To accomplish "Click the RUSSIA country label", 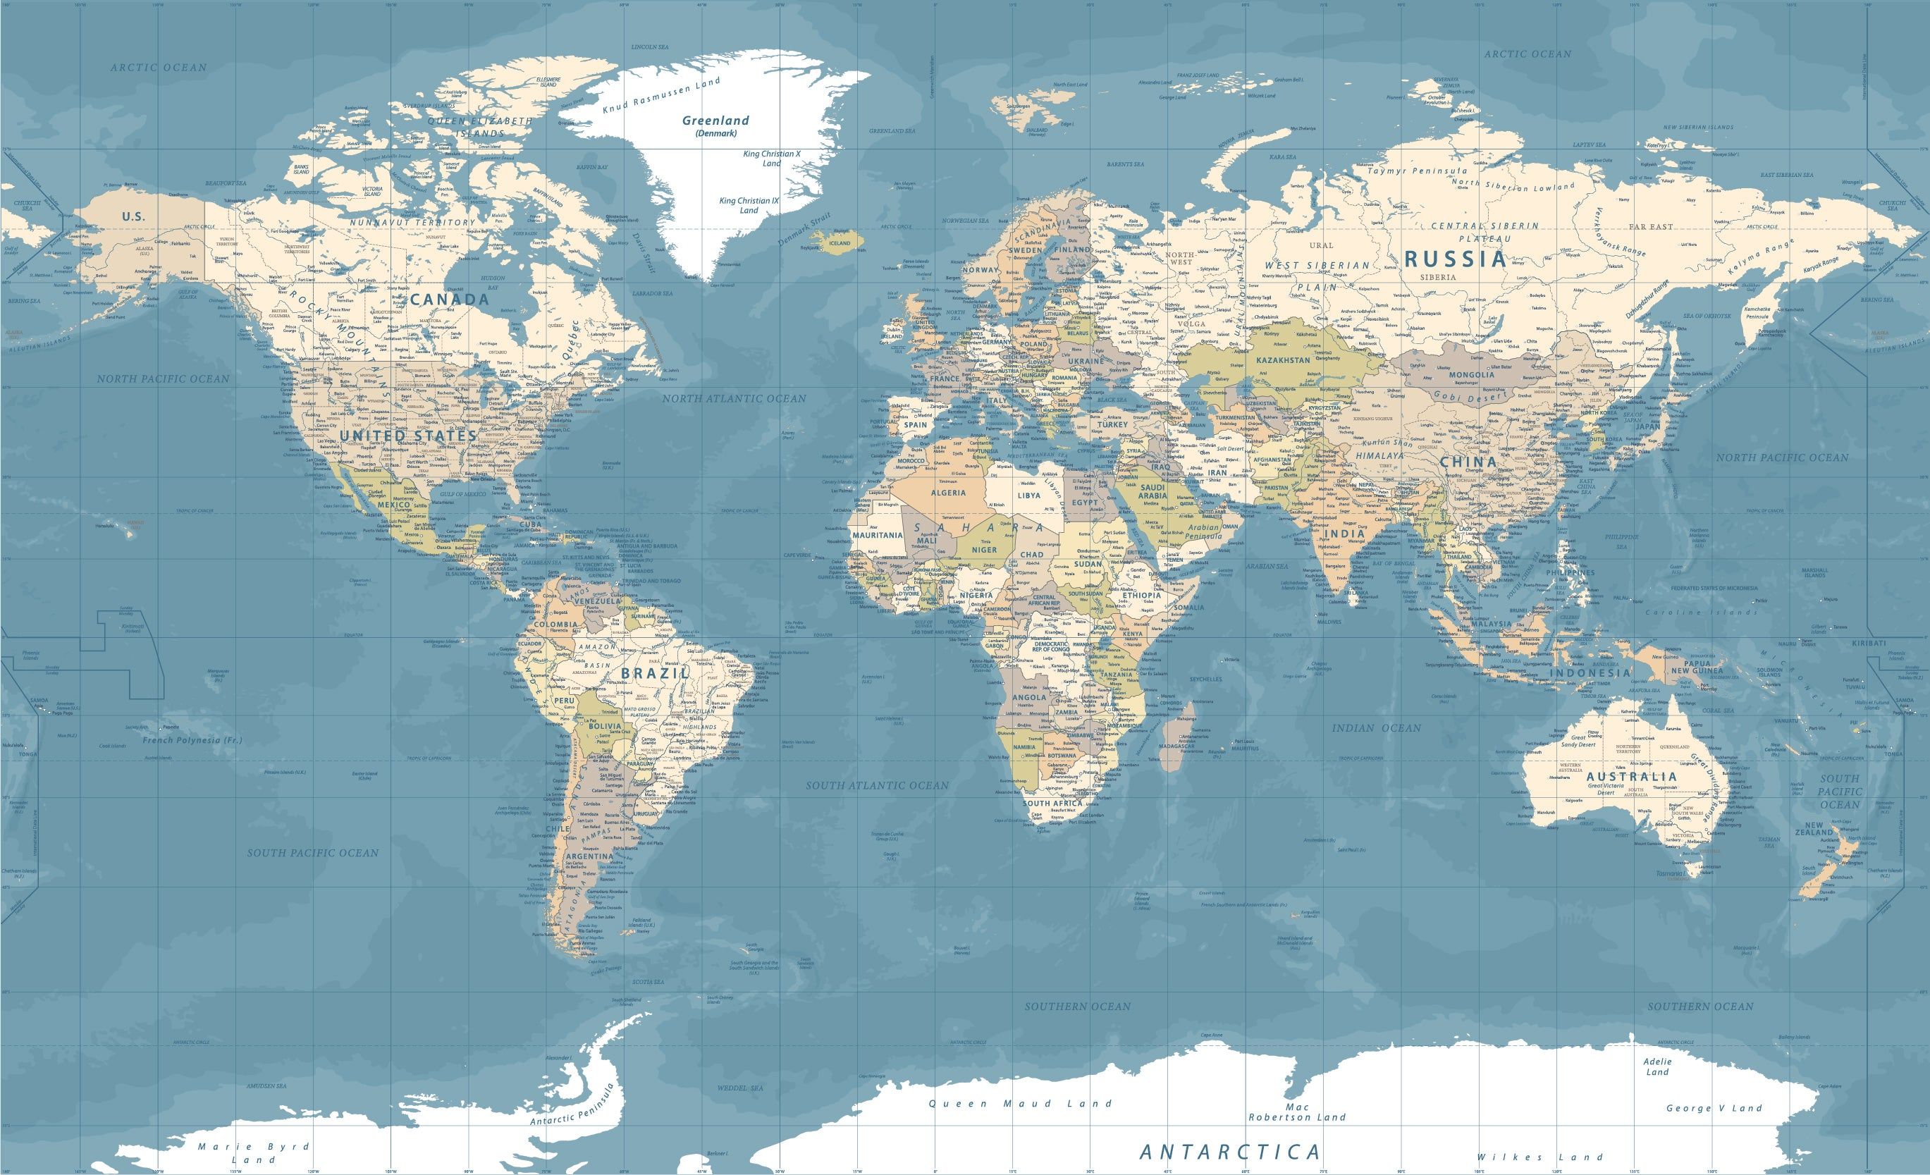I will pyautogui.click(x=1456, y=259).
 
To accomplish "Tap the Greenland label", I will pyautogui.click(x=715, y=121).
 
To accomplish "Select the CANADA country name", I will pyautogui.click(x=450, y=300).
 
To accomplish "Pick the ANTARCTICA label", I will pyautogui.click(x=1230, y=1152).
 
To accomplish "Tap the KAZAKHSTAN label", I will pyautogui.click(x=1283, y=360).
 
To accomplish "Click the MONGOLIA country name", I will pyautogui.click(x=1471, y=374).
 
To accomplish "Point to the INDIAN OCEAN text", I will pyautogui.click(x=1376, y=727).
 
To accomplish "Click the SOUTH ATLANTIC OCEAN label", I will pyautogui.click(x=878, y=785).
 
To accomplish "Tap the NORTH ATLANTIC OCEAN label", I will pyautogui.click(x=734, y=399).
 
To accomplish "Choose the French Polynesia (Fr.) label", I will pyautogui.click(x=192, y=739).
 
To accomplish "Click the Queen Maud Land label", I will pyautogui.click(x=1020, y=1104).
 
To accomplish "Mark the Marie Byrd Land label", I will pyautogui.click(x=253, y=1152).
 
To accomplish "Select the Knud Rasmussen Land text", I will pyautogui.click(x=661, y=97).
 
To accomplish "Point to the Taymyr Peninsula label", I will pyautogui.click(x=1417, y=170).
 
